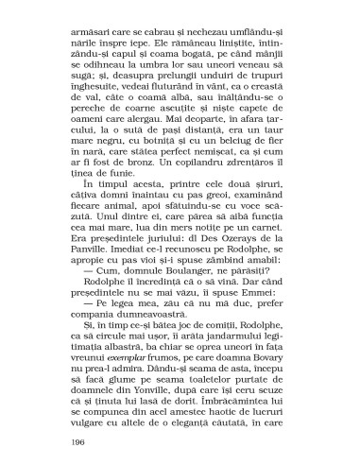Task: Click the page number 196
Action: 79,441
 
